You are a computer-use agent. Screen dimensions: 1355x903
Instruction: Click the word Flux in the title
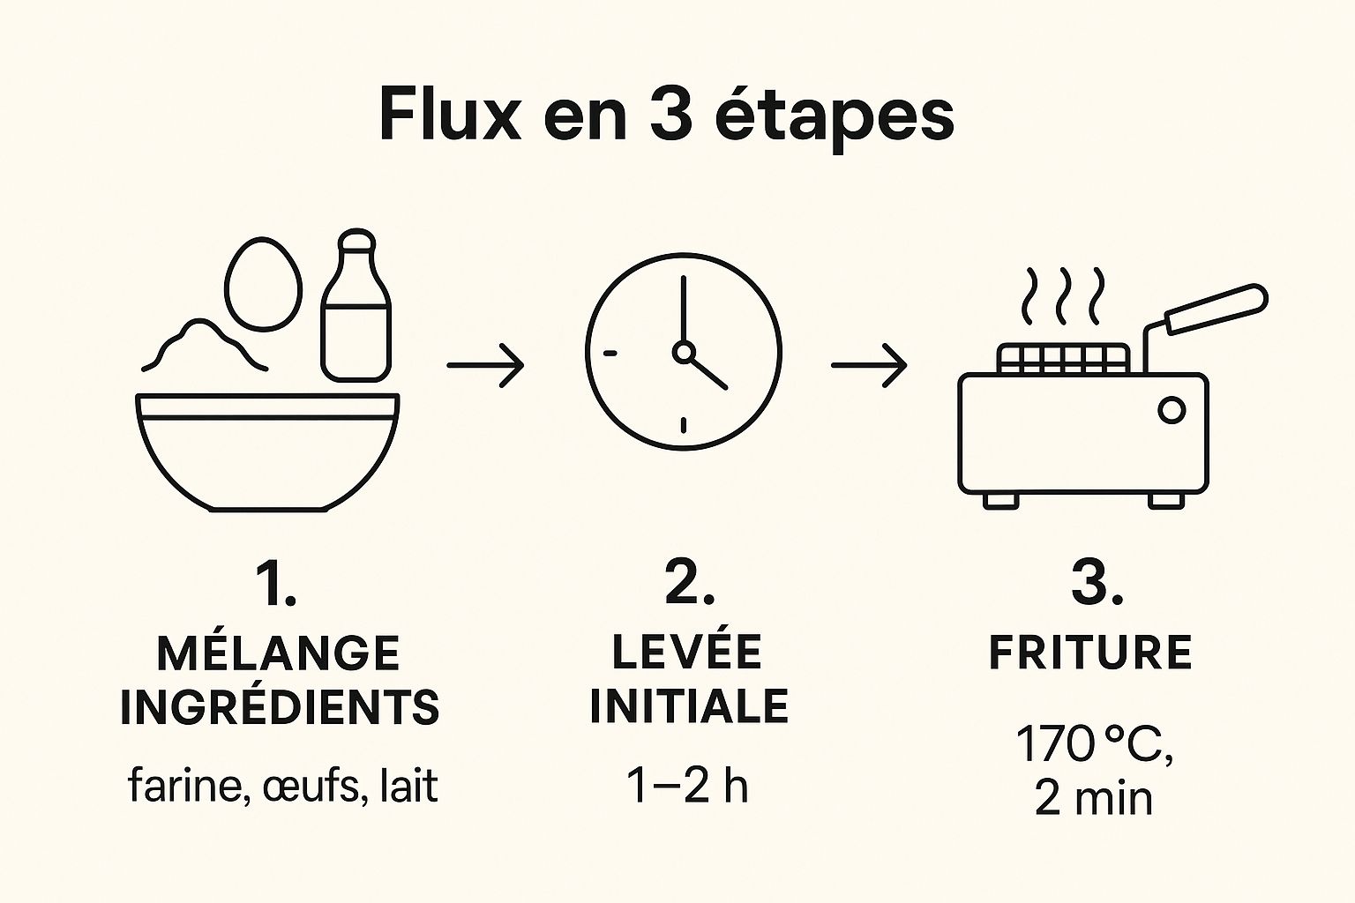coord(450,114)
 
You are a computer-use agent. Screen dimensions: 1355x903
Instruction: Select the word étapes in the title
coord(835,118)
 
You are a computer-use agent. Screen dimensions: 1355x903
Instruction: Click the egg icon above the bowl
coord(263,284)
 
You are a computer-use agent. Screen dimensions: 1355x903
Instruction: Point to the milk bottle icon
coord(356,305)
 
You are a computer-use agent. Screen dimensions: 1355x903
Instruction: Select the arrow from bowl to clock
coord(485,365)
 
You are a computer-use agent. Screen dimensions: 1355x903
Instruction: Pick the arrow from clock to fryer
coord(869,365)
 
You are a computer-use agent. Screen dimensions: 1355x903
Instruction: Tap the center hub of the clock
coord(684,352)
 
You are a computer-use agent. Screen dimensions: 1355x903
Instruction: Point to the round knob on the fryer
coord(1172,411)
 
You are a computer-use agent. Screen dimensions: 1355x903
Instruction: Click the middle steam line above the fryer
coord(1063,296)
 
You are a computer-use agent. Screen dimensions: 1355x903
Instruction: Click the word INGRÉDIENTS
coord(280,706)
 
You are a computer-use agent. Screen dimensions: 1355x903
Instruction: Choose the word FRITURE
coord(1090,652)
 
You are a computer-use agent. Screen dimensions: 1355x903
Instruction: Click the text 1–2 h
coord(687,785)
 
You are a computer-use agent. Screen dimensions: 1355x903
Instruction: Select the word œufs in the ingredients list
coord(311,786)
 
